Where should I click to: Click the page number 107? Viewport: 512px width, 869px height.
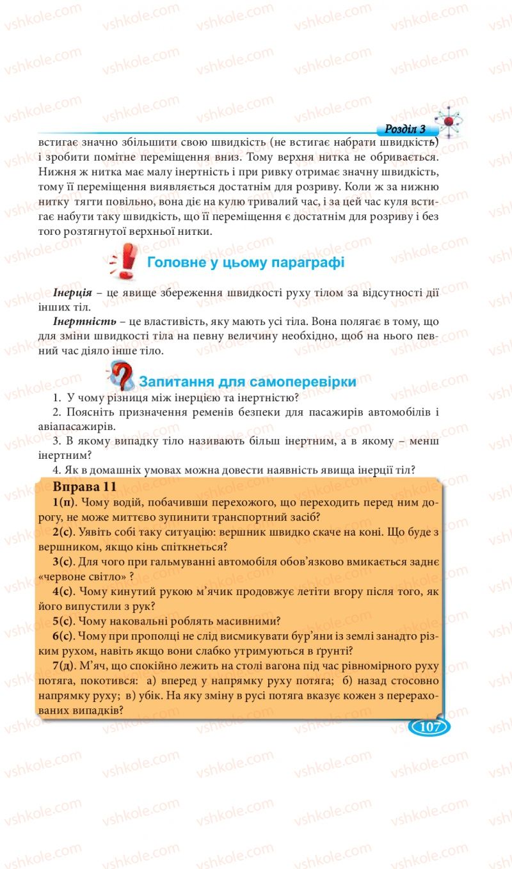point(428,727)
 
